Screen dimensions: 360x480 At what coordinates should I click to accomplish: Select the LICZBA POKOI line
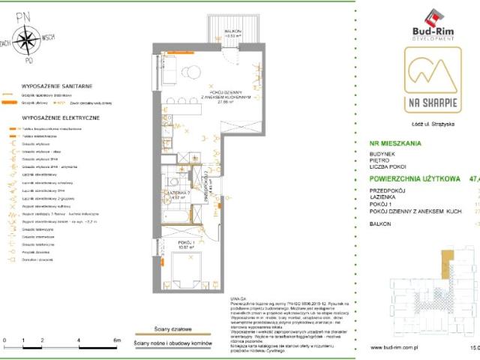tap(399, 168)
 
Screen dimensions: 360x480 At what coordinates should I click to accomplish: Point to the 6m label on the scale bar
tap(116, 340)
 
